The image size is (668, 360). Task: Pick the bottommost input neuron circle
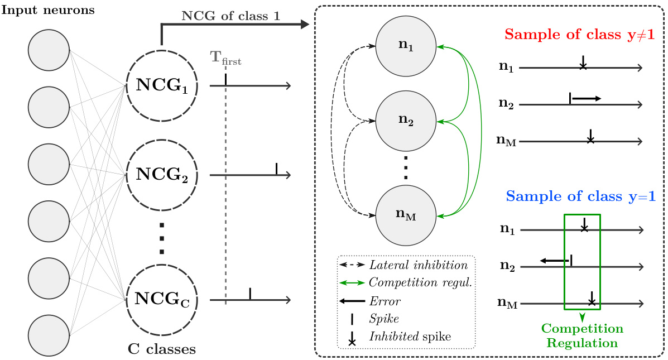(x=49, y=334)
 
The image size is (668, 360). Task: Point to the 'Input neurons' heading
(x=47, y=11)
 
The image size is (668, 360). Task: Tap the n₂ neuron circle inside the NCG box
(x=406, y=119)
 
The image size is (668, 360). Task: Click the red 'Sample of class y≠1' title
(x=579, y=35)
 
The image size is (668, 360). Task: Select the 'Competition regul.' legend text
(x=421, y=283)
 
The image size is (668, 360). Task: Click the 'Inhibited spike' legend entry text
(x=410, y=337)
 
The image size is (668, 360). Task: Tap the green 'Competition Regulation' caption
(x=582, y=335)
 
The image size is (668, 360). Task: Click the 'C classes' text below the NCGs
(x=162, y=350)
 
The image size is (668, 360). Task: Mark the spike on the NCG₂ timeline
(x=276, y=169)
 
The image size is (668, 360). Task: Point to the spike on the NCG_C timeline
(x=250, y=293)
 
